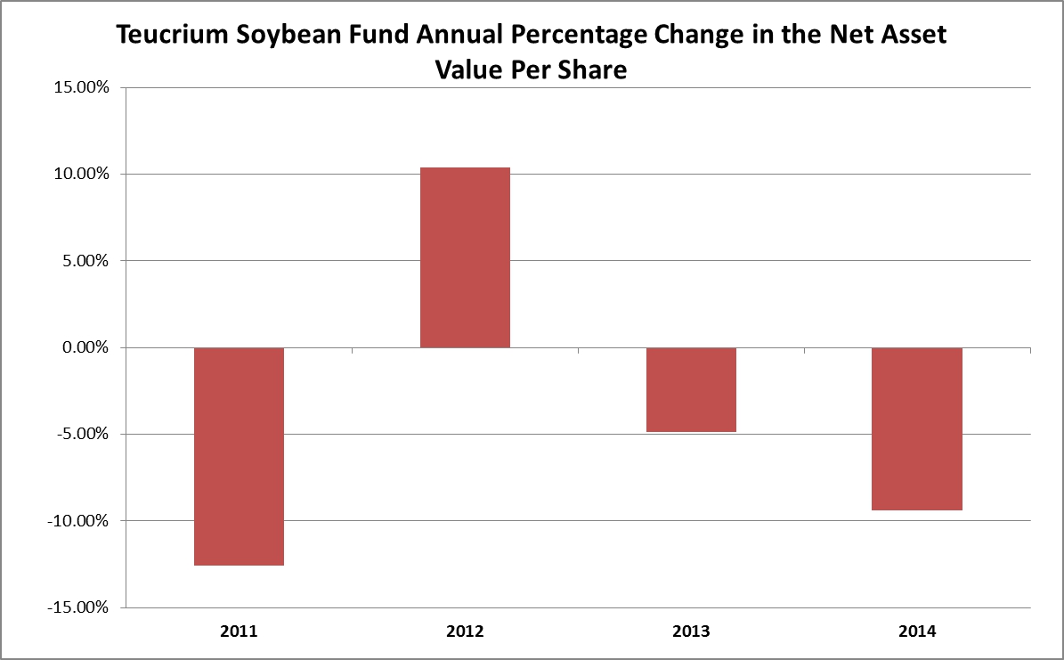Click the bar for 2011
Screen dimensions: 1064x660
pyautogui.click(x=239, y=456)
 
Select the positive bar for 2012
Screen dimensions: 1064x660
pyautogui.click(x=465, y=257)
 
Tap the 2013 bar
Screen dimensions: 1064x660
pyautogui.click(x=691, y=390)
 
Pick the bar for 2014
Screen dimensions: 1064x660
pyautogui.click(x=917, y=428)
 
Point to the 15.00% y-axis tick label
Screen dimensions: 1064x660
pyautogui.click(x=81, y=87)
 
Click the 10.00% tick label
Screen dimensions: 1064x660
pyautogui.click(x=81, y=174)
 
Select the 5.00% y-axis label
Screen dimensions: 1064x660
pyautogui.click(x=85, y=261)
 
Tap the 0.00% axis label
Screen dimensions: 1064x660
pyautogui.click(x=85, y=347)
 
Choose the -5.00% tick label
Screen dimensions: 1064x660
pyautogui.click(x=83, y=434)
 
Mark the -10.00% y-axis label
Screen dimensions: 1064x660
pyautogui.click(x=78, y=521)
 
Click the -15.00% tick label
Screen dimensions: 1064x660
pyautogui.click(x=78, y=607)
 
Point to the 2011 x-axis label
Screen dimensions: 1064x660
pyautogui.click(x=239, y=631)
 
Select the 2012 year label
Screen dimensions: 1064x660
pyautogui.click(x=465, y=631)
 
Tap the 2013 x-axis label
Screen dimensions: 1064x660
pyautogui.click(x=691, y=631)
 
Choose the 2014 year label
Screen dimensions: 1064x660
pyautogui.click(x=917, y=631)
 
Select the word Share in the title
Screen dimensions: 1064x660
pyautogui.click(x=592, y=69)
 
